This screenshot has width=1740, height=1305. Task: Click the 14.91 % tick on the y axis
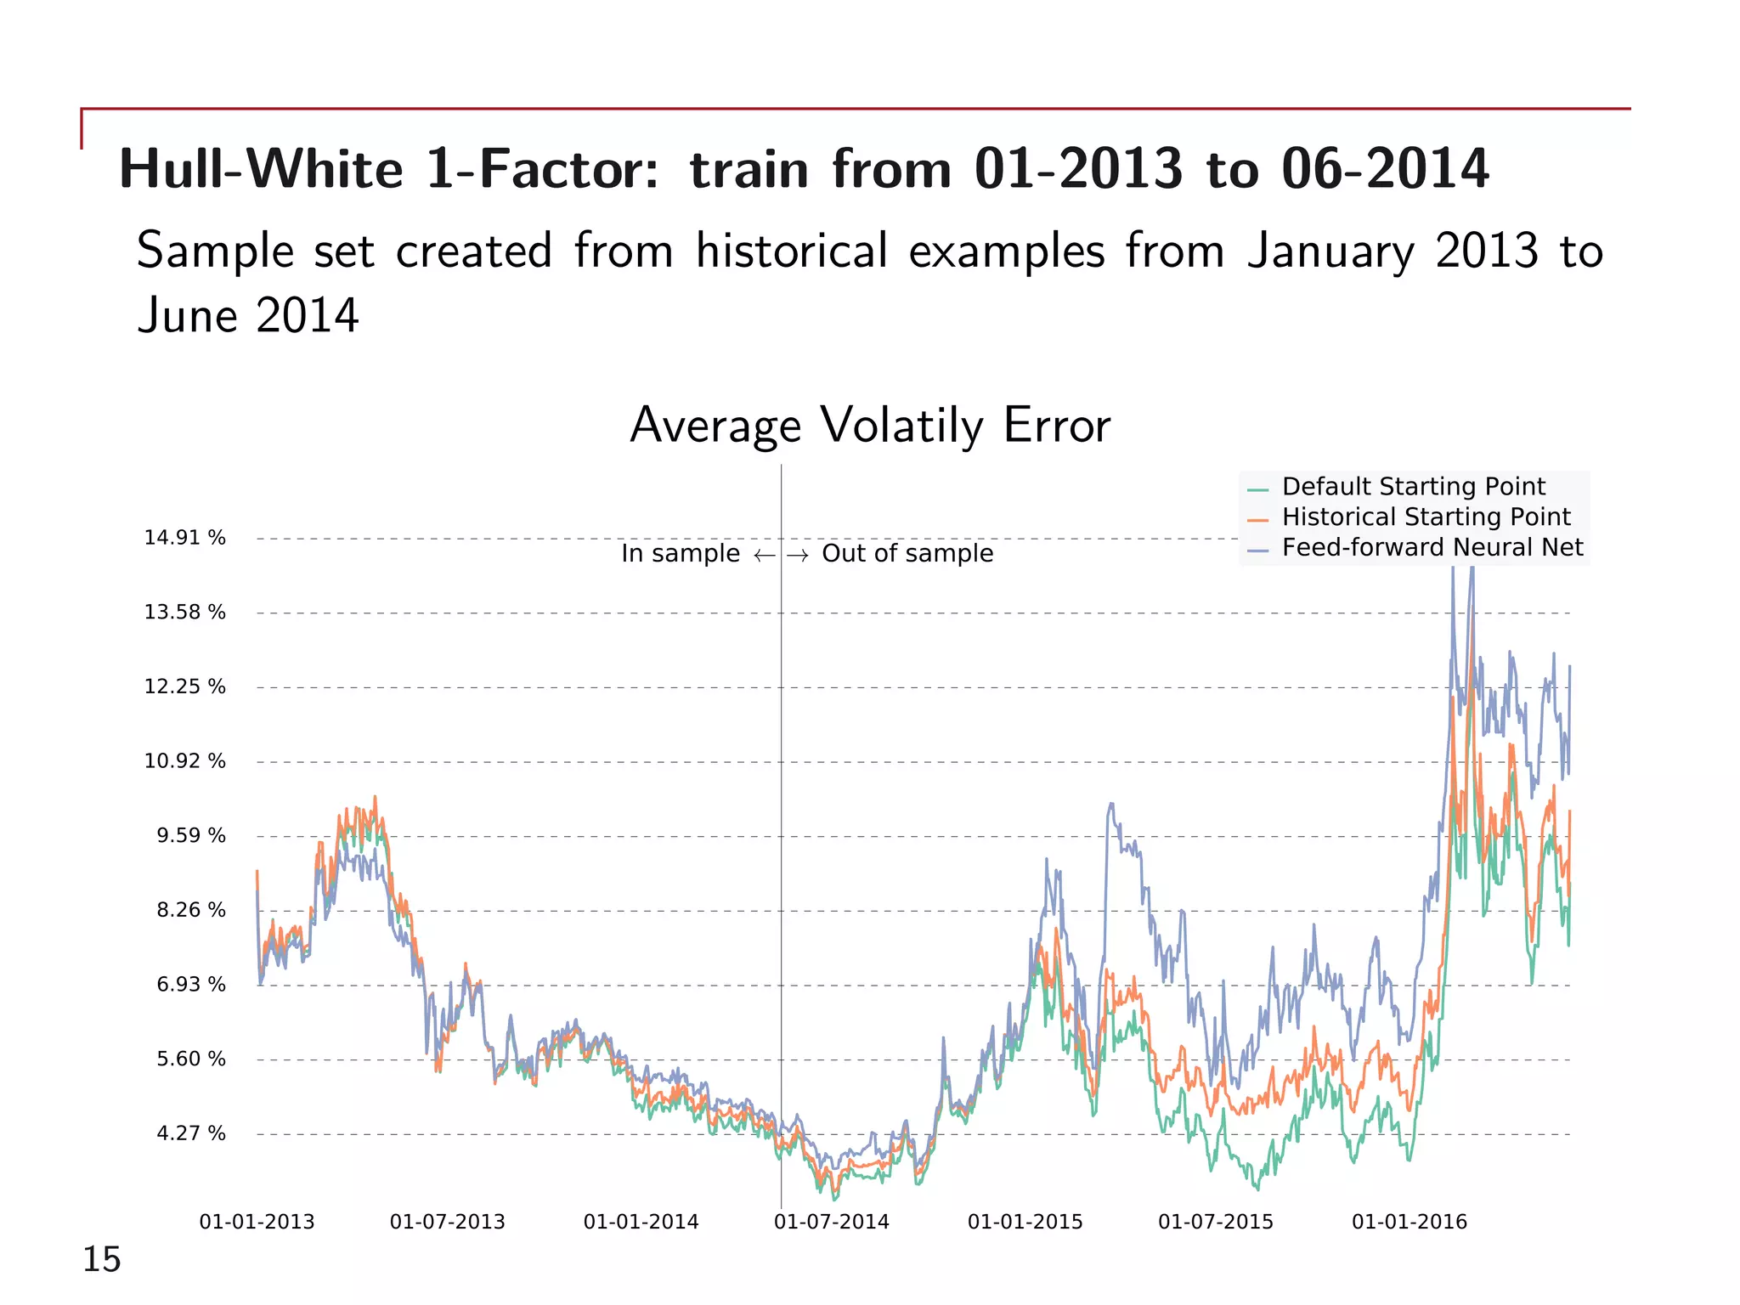184,538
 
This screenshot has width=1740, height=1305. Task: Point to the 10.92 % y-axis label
184,761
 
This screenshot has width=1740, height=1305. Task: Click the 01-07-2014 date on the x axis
831,1222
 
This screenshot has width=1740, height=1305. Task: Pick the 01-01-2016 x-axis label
1409,1222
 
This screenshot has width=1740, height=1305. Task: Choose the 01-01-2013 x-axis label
257,1222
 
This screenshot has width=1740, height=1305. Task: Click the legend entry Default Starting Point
1413,487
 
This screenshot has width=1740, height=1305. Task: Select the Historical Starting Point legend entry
1426,517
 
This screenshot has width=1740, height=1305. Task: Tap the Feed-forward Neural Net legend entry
1432,547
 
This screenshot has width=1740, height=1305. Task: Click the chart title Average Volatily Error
869,426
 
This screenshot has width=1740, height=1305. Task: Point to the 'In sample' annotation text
681,553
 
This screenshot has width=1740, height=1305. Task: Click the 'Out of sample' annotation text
907,553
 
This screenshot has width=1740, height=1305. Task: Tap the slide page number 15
101,1259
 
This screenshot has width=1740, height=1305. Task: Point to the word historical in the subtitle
792,251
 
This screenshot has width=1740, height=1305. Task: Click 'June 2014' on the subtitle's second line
248,316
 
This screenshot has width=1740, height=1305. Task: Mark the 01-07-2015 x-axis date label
1215,1222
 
